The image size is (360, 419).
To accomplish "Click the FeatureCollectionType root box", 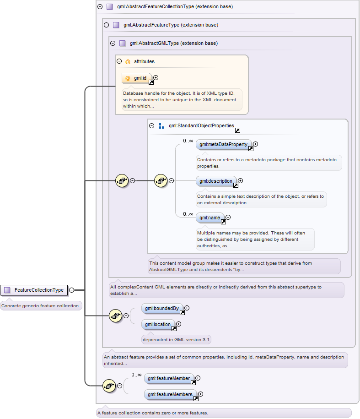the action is [34, 290].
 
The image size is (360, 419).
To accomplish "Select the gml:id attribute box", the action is [137, 78].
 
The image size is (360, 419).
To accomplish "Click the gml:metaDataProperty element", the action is [224, 144].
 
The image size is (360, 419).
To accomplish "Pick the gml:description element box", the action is [216, 181].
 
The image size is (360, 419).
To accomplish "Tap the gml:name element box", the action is [210, 218].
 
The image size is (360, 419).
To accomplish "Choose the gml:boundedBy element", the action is [162, 308].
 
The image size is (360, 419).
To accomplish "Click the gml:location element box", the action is [158, 324].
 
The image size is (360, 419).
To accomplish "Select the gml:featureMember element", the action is [169, 378].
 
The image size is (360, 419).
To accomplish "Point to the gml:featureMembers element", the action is [171, 394].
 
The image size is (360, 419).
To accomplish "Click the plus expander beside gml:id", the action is [156, 77].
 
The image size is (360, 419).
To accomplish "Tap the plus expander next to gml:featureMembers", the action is [201, 394].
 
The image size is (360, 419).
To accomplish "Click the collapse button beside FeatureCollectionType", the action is [71, 290].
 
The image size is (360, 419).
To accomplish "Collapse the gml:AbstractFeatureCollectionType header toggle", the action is [100, 7].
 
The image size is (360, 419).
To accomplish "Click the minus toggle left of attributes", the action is [119, 61].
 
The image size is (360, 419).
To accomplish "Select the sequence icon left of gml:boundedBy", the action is [116, 316].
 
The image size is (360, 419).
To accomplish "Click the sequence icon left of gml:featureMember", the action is [109, 386].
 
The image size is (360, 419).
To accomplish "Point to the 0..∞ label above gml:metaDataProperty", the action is [188, 141].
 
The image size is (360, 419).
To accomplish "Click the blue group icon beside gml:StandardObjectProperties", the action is [161, 126].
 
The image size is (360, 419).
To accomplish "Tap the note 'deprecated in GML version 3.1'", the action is [176, 340].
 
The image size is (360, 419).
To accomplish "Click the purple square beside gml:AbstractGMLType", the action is [123, 44].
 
